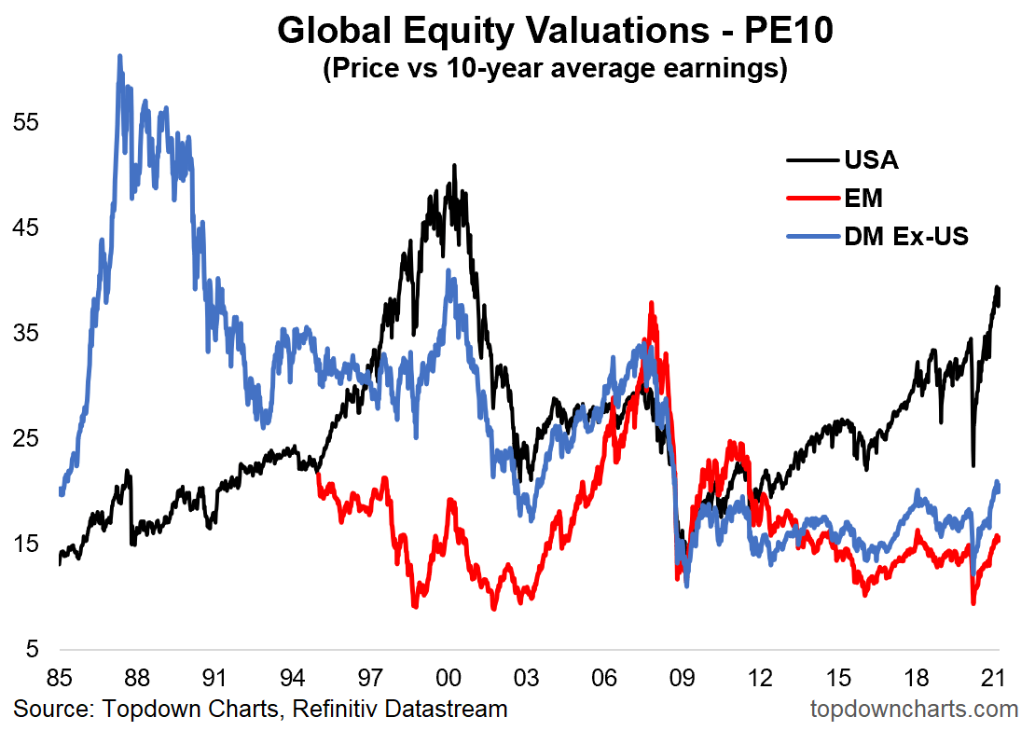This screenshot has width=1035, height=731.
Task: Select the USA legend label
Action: pos(871,159)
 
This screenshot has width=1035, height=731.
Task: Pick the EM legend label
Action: pos(863,198)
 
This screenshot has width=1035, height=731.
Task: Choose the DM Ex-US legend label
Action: pos(906,237)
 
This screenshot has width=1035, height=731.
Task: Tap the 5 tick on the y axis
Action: pos(31,649)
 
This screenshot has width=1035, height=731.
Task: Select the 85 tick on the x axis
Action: pos(60,676)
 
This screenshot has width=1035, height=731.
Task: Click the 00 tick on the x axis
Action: pos(448,676)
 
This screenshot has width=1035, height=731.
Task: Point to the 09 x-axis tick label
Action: pos(682,676)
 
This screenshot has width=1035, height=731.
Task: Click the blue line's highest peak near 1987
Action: pos(120,56)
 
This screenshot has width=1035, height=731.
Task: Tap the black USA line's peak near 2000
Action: pos(454,166)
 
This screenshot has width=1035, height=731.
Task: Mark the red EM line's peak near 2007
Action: pos(651,303)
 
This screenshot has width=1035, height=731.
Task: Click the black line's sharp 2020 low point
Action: pos(973,464)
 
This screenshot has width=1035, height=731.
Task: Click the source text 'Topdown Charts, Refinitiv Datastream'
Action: pos(260,709)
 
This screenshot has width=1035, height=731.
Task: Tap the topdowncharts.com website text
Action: pos(914,709)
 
